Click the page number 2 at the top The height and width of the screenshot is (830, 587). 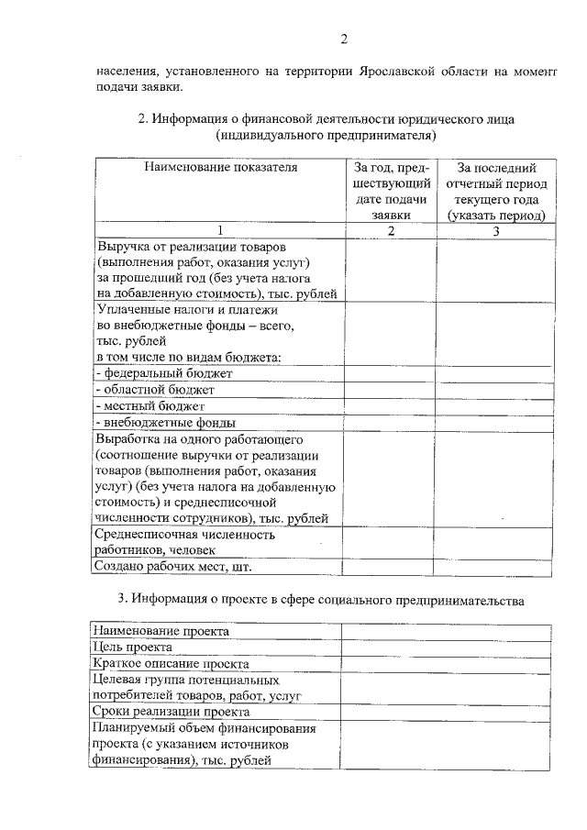coord(344,39)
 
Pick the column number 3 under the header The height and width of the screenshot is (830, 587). coord(495,230)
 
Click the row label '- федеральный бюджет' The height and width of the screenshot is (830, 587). coord(165,373)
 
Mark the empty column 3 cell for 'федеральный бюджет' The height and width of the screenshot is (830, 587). coord(495,373)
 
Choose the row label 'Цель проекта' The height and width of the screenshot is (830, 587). coord(134,647)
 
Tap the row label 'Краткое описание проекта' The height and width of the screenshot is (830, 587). coord(172,663)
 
